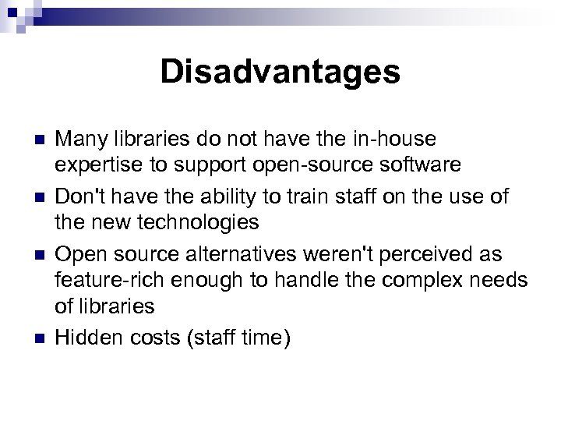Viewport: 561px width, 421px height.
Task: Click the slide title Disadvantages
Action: tap(280, 73)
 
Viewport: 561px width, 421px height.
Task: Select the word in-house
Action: tap(395, 140)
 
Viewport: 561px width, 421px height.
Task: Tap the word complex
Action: tap(417, 281)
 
